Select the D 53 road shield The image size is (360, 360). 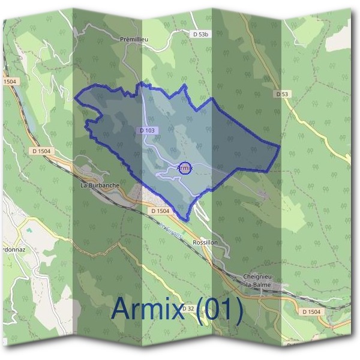(x=282, y=94)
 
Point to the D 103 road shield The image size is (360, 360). (x=148, y=130)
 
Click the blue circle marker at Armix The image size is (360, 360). (x=185, y=169)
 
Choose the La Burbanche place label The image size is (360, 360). (x=100, y=186)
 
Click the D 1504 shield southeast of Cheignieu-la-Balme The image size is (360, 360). (x=311, y=312)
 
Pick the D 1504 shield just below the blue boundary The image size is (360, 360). (x=161, y=211)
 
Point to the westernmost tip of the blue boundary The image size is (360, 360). (x=75, y=98)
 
